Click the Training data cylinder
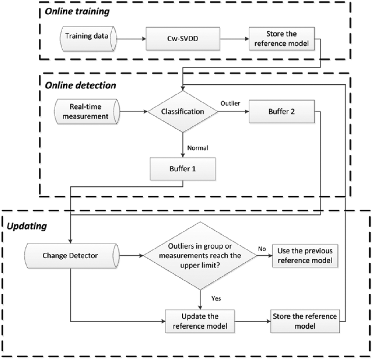click(x=88, y=38)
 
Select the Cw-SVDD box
click(x=183, y=38)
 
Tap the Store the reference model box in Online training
click(x=282, y=38)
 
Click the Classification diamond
click(x=183, y=112)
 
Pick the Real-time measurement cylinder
click(x=87, y=112)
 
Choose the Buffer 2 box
click(x=282, y=112)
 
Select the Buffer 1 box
click(x=183, y=169)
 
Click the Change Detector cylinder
click(x=72, y=256)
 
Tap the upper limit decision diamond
click(x=200, y=256)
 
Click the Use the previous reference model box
click(x=305, y=256)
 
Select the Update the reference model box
click(x=200, y=321)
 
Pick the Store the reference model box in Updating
click(x=305, y=321)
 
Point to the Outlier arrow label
click(x=230, y=103)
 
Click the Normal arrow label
click(x=198, y=148)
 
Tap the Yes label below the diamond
click(x=216, y=298)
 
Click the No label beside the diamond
click(x=262, y=249)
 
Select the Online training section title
click(x=77, y=12)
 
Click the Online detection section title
click(x=80, y=85)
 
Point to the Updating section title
click(x=27, y=226)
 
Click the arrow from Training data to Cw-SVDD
click(x=131, y=38)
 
